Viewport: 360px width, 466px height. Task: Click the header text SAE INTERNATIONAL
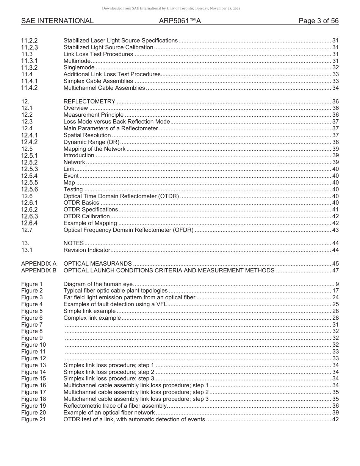57,21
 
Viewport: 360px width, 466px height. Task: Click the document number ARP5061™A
180,21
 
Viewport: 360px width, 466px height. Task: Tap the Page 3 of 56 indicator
318,21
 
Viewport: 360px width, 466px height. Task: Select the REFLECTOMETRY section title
89,102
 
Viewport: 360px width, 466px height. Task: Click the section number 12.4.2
30,142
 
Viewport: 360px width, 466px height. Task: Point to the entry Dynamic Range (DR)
91,142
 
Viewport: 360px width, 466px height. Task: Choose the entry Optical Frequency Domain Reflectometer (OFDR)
128,230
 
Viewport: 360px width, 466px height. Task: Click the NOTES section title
74,243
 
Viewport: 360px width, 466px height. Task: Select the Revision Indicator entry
87,250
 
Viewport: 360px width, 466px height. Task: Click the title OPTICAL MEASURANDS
97,264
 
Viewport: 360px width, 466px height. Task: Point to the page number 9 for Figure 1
337,284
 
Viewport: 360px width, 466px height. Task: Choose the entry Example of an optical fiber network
109,413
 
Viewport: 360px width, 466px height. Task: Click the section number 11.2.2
30,41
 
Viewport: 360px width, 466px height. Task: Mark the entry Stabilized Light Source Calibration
108,47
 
